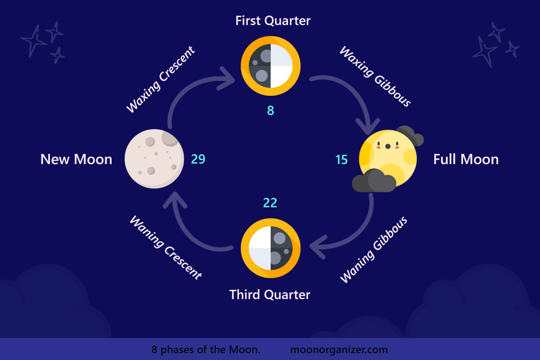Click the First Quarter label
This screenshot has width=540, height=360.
[273, 21]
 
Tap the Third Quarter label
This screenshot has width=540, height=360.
[270, 295]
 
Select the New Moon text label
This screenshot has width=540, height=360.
[76, 159]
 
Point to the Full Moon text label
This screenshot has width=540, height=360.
[466, 159]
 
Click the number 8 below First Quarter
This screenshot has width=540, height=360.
[270, 110]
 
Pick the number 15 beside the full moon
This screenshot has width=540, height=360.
[342, 160]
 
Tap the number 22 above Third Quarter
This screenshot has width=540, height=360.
[270, 203]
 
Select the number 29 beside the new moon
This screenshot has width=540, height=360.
[198, 159]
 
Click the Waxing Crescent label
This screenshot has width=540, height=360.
[160, 80]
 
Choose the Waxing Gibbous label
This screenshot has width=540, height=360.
[375, 76]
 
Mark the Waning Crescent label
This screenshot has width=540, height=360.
[166, 247]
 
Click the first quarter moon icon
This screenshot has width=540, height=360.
[270, 66]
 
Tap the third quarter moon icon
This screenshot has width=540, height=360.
[270, 248]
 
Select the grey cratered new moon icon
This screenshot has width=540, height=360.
[154, 159]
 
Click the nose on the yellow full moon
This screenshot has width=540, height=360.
[387, 146]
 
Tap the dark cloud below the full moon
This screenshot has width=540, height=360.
[373, 181]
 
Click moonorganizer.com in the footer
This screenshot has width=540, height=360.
[339, 350]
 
